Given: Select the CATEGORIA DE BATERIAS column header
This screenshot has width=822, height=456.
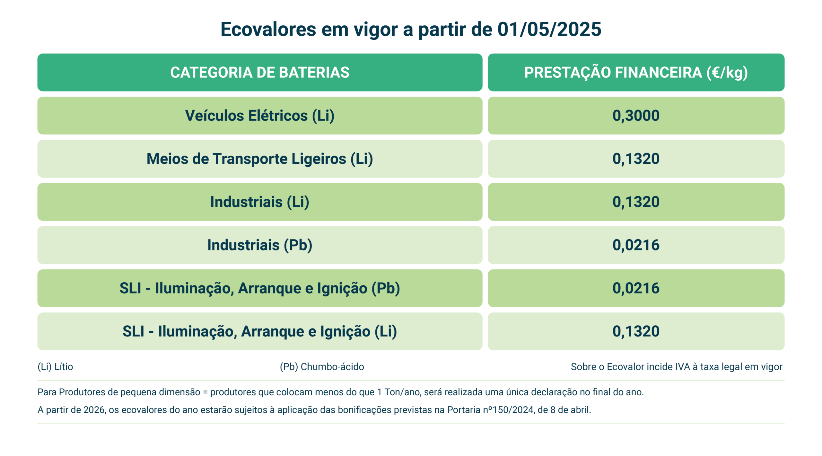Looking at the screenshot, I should point(260,72).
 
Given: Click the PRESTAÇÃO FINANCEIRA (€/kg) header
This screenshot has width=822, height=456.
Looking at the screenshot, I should point(636,72).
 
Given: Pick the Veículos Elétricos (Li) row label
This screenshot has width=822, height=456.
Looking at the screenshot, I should point(260,116).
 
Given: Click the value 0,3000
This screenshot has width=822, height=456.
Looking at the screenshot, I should point(636,116).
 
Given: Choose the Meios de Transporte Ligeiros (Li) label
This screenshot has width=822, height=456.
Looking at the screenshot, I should point(260,159).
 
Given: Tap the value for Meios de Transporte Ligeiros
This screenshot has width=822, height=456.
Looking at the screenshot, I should point(636,159).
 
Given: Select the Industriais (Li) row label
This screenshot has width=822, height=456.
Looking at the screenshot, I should point(260,202).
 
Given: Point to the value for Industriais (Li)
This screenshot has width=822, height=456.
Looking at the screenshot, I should point(636,202).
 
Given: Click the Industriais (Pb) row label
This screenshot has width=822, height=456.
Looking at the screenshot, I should point(260,245).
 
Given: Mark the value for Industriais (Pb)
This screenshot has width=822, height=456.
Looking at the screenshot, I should point(636,245).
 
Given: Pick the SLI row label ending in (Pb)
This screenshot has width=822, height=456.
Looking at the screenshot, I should point(260,288).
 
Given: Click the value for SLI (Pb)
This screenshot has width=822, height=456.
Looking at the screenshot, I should point(636,288).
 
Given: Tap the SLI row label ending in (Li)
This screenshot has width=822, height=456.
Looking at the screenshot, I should point(260,331).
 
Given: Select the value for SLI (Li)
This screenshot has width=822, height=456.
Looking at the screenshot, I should point(636,331).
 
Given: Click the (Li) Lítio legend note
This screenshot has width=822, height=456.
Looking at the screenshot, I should point(55,367).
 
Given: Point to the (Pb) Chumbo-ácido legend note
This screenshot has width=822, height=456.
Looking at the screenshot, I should point(322,367).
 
